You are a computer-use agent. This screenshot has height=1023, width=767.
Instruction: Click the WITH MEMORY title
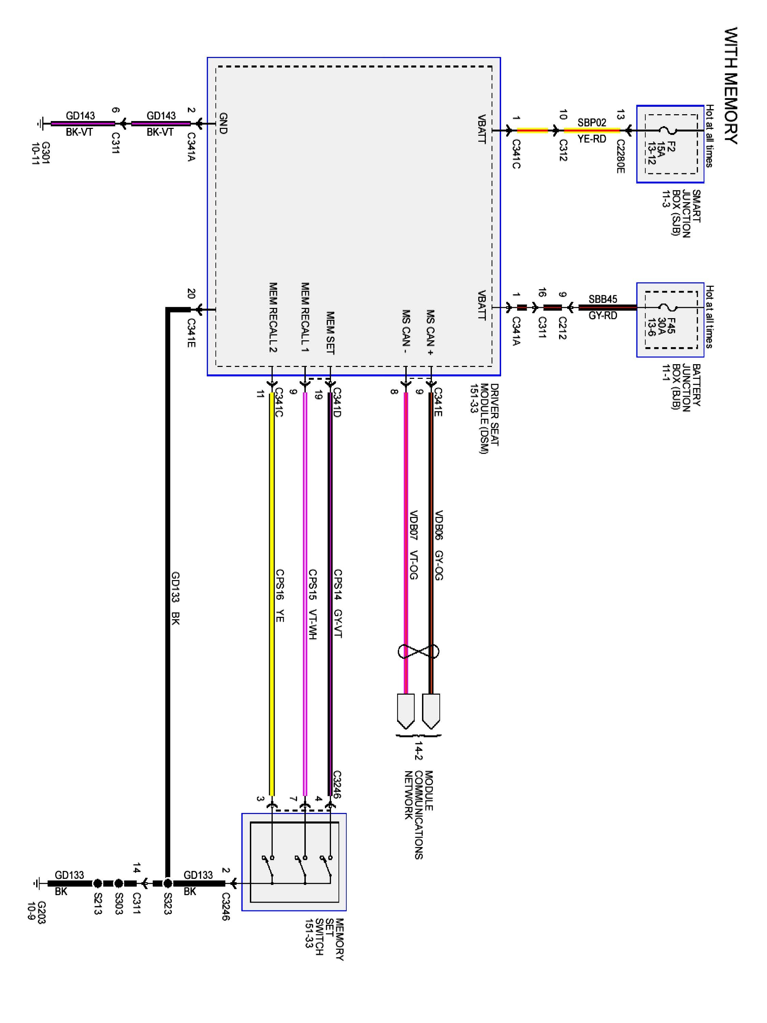(731, 86)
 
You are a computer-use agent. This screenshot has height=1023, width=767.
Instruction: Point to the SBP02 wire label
(591, 122)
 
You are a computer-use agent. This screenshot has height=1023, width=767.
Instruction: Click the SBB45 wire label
(602, 299)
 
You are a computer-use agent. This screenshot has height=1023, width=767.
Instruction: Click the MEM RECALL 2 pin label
(273, 317)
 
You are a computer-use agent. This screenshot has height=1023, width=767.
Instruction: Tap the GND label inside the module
(223, 123)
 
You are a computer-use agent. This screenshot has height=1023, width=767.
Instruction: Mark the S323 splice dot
(168, 883)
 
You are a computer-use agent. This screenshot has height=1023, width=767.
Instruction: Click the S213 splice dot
(97, 883)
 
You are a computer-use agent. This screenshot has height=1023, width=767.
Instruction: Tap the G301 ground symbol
(40, 123)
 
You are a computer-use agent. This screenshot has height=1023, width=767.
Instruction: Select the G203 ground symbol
(37, 883)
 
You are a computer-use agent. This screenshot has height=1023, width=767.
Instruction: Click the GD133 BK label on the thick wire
(175, 598)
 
